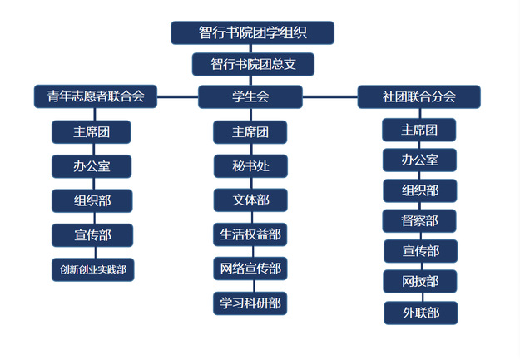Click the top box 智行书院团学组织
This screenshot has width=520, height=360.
(252, 32)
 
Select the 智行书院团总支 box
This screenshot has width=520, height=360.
(253, 64)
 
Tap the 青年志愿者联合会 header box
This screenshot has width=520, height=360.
(96, 96)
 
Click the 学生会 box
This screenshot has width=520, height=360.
(250, 96)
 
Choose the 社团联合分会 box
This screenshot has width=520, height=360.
(418, 96)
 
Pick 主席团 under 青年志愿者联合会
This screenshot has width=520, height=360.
(92, 131)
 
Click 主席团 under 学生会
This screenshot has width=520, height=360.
(250, 132)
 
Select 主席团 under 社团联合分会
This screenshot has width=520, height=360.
(419, 130)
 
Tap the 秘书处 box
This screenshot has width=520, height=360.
(250, 165)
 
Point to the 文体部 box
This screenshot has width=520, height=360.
(250, 200)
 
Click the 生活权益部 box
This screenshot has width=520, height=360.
(250, 234)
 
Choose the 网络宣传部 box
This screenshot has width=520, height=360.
(250, 269)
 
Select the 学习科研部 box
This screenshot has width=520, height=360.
(250, 303)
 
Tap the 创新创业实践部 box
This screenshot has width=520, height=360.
(92, 269)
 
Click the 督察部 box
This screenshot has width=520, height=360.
(419, 220)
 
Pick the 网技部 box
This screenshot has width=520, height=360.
(420, 282)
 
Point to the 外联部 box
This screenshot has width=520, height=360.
(420, 313)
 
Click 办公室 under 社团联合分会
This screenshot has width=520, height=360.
(419, 160)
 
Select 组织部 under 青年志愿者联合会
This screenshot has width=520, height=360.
(92, 200)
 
